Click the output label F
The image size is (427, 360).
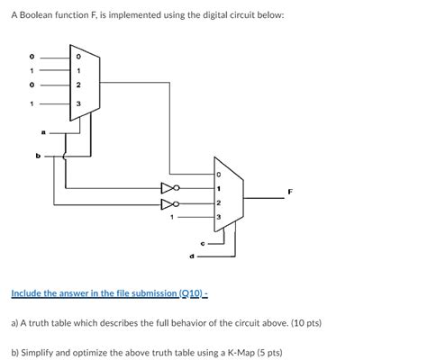(x=290, y=191)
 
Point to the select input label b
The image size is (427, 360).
(x=39, y=155)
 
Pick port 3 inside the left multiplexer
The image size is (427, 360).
(x=78, y=103)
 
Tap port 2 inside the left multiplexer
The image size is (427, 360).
(x=78, y=85)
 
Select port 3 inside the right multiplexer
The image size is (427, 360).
(x=217, y=219)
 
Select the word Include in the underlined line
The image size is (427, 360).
(x=28, y=293)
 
